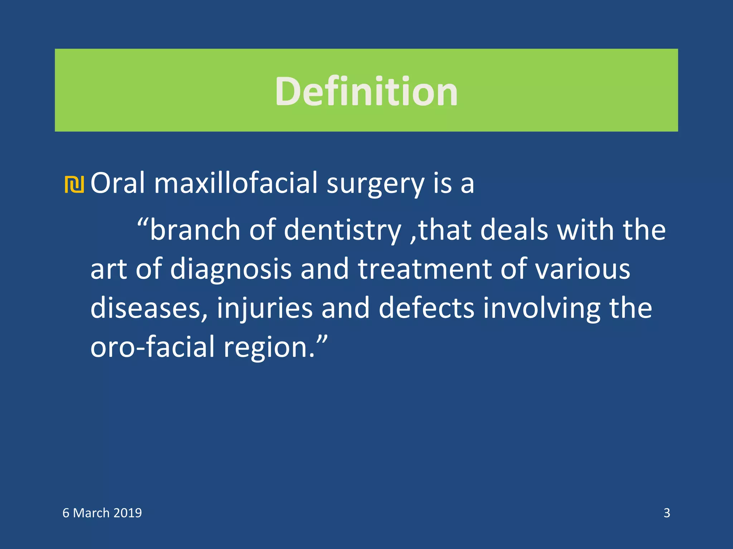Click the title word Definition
pyautogui.click(x=366, y=91)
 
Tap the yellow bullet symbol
pyautogui.click(x=74, y=184)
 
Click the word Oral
pyautogui.click(x=118, y=183)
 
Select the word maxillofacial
pyautogui.click(x=236, y=183)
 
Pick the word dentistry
pyautogui.click(x=342, y=231)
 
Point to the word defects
pyautogui.click(x=426, y=308)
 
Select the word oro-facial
pyautogui.click(x=152, y=347)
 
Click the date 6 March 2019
pyautogui.click(x=102, y=513)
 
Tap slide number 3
pyautogui.click(x=666, y=513)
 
